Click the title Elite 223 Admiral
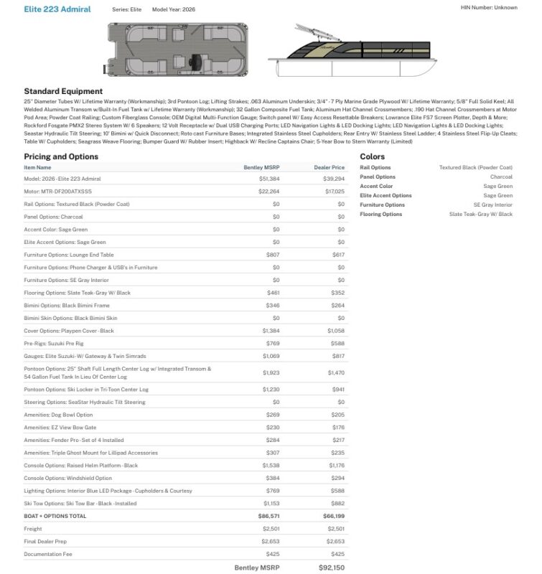click(57, 9)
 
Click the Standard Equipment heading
click(63, 91)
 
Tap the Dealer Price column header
click(329, 167)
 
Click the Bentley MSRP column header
click(261, 167)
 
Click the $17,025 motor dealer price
click(334, 192)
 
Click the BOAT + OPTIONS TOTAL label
click(55, 516)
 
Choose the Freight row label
click(32, 529)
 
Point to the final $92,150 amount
click(331, 568)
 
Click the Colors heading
click(373, 156)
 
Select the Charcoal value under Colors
click(501, 177)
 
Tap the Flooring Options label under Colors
click(381, 214)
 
